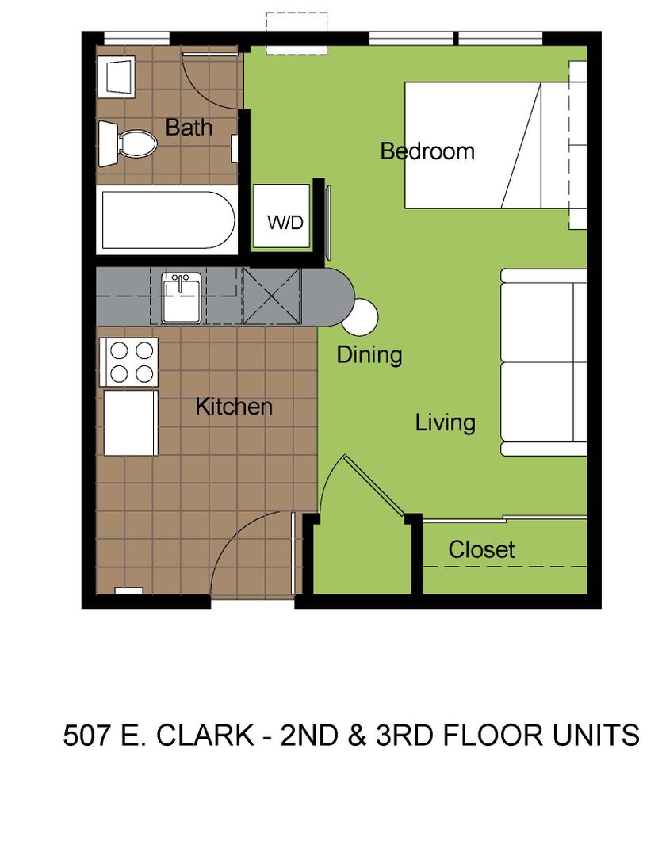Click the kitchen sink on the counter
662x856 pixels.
tap(182, 297)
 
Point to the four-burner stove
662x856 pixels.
tap(129, 362)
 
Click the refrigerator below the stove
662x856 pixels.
tap(131, 422)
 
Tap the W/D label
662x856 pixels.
tap(285, 222)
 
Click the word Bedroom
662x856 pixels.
tap(427, 151)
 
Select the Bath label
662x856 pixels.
tap(189, 127)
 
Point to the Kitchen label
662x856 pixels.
tap(234, 407)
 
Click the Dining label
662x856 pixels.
tap(369, 355)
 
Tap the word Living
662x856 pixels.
tap(445, 423)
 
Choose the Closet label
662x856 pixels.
tap(481, 550)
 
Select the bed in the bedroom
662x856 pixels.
tap(494, 145)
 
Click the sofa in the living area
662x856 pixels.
tap(543, 362)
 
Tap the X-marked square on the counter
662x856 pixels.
tap(272, 296)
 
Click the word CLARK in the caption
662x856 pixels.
tap(205, 735)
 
